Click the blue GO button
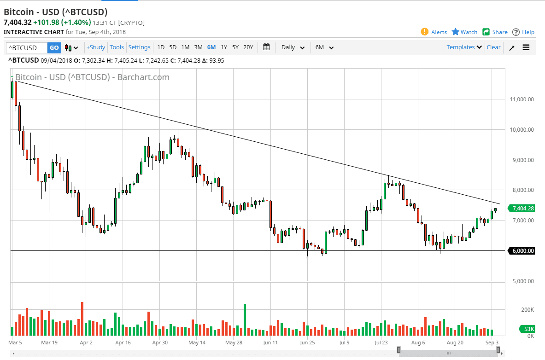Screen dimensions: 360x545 tap(54, 47)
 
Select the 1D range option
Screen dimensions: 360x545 tap(161, 47)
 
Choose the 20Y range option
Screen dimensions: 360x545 tap(248, 47)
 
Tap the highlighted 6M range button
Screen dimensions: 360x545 tap(211, 47)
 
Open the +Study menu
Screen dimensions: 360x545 tap(96, 47)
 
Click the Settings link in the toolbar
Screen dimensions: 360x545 tap(139, 47)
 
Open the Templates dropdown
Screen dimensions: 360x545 tap(464, 47)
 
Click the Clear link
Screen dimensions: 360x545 tap(493, 47)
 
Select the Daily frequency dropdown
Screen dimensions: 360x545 tap(293, 47)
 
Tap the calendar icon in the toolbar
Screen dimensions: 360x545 tap(266, 47)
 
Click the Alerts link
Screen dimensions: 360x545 tap(434, 32)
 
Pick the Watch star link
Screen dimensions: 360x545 tap(464, 32)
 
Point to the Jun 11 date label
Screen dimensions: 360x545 tap(271, 343)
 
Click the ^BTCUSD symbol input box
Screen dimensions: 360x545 tap(26, 47)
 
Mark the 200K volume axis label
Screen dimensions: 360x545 tap(527, 309)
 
